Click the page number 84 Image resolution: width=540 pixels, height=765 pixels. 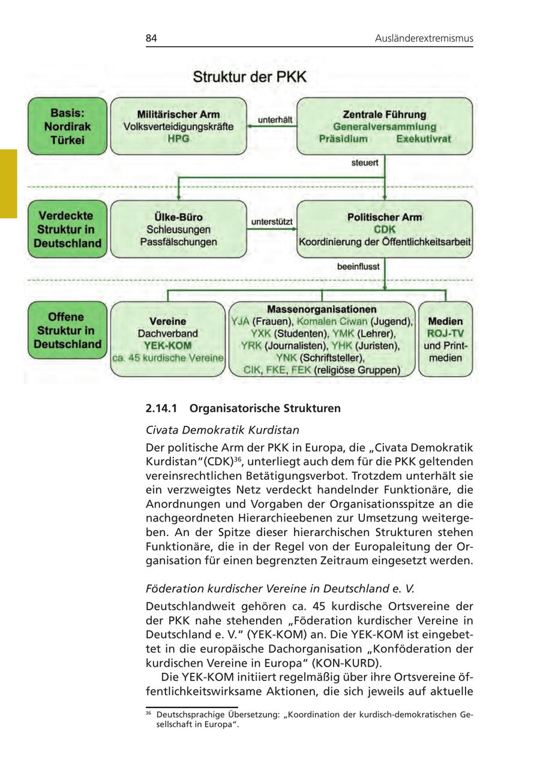click(151, 38)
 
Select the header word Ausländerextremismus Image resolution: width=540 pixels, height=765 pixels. click(424, 38)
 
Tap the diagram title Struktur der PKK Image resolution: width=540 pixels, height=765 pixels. click(249, 77)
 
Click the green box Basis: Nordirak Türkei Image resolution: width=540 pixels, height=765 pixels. click(67, 127)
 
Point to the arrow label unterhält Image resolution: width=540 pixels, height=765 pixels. click(275, 120)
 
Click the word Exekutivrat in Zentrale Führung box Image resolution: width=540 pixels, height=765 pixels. click(423, 138)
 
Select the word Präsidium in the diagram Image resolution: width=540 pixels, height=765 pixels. click(343, 138)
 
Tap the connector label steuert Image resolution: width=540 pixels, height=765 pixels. click(364, 162)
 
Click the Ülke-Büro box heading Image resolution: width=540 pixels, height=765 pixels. click(178, 217)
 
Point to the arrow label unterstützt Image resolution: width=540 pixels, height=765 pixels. click(272, 222)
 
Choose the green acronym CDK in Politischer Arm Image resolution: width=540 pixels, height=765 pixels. click(385, 230)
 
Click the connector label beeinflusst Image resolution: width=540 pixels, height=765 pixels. click(358, 266)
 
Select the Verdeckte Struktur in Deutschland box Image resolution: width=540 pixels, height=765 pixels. click(67, 230)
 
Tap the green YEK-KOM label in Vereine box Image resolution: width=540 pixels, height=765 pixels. click(167, 345)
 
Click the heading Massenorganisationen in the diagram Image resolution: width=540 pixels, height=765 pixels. click(322, 309)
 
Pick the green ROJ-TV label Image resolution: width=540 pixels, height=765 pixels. click(445, 333)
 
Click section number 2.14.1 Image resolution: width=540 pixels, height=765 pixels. click(163, 408)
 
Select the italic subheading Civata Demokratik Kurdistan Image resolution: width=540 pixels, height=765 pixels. click(223, 430)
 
